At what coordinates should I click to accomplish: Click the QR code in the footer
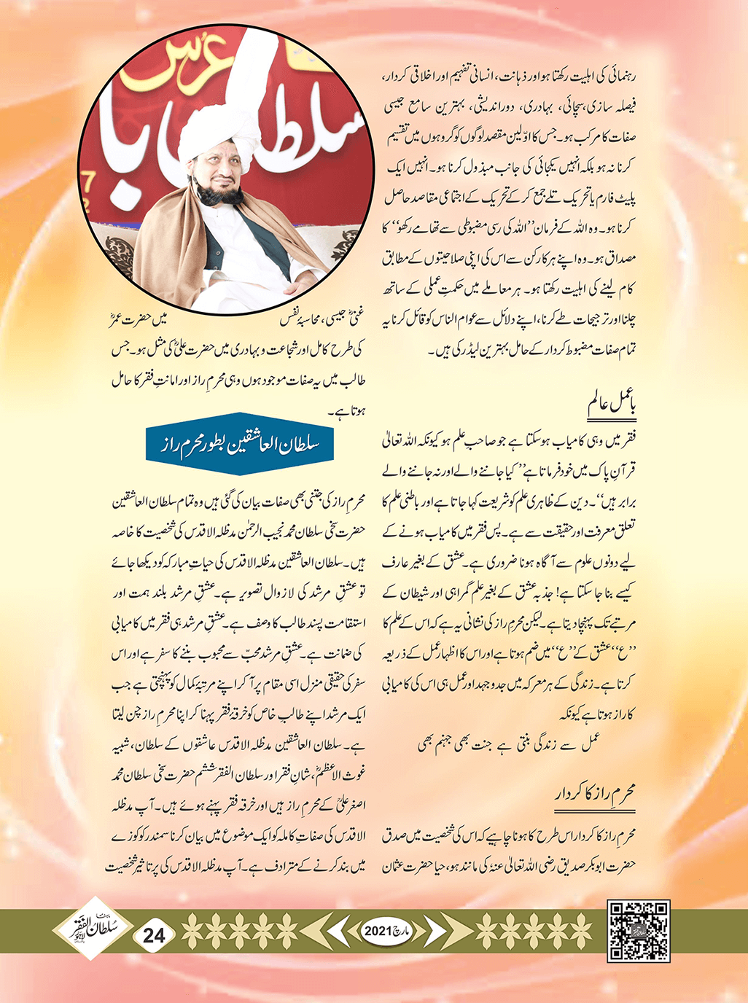pyautogui.click(x=639, y=931)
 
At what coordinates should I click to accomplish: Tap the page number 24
pyautogui.click(x=155, y=934)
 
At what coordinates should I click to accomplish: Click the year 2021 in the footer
pyautogui.click(x=378, y=932)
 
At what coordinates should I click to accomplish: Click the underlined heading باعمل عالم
pyautogui.click(x=612, y=405)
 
